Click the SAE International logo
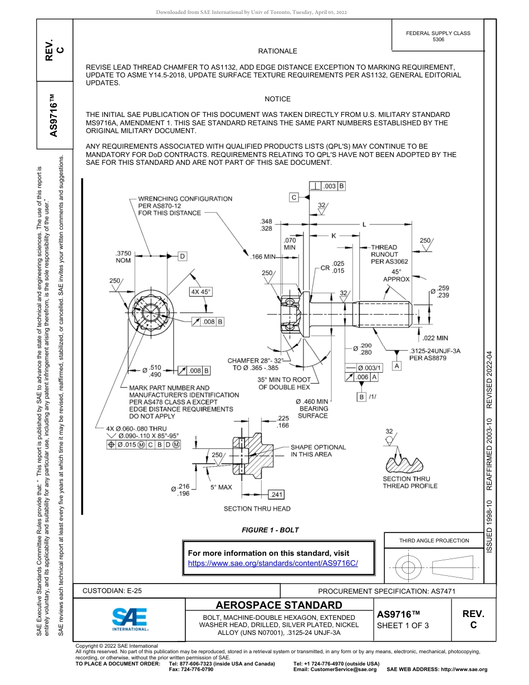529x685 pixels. (130, 619)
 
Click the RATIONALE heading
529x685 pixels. (277, 51)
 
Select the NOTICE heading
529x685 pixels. (277, 99)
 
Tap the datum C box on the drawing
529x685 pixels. (293, 197)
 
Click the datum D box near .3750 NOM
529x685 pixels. (182, 256)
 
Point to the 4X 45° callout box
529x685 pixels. (201, 292)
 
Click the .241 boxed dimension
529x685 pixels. (277, 494)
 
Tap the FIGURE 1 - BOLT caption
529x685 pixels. (270, 530)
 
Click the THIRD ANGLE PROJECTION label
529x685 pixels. (434, 540)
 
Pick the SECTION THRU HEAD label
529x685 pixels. (257, 508)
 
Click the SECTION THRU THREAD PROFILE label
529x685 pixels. (410, 482)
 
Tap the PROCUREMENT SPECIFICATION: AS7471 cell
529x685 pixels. (386, 591)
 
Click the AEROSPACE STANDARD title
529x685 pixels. (279, 605)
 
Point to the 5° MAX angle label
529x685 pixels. (221, 487)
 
